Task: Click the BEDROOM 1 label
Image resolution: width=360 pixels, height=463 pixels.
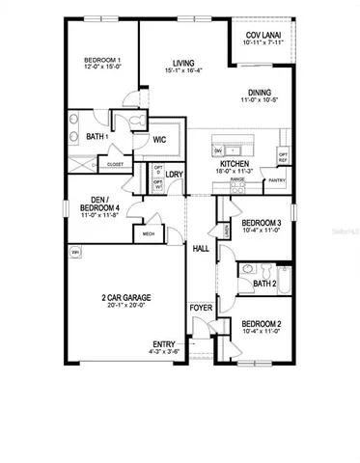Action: tap(101, 61)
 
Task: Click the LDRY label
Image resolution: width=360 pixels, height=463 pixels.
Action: tap(174, 175)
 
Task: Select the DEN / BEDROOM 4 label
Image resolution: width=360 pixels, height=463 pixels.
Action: tap(98, 204)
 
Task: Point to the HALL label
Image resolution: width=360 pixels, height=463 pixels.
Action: tap(201, 249)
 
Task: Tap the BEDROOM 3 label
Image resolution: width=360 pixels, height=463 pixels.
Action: tap(261, 223)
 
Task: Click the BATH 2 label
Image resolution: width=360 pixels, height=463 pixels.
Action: tap(264, 285)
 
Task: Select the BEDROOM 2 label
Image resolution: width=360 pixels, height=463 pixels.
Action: tap(261, 323)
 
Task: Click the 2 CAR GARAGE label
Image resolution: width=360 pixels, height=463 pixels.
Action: tap(127, 297)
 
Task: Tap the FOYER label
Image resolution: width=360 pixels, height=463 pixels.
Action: tap(200, 309)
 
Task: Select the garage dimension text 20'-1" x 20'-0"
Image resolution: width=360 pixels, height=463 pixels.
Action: tap(127, 307)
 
